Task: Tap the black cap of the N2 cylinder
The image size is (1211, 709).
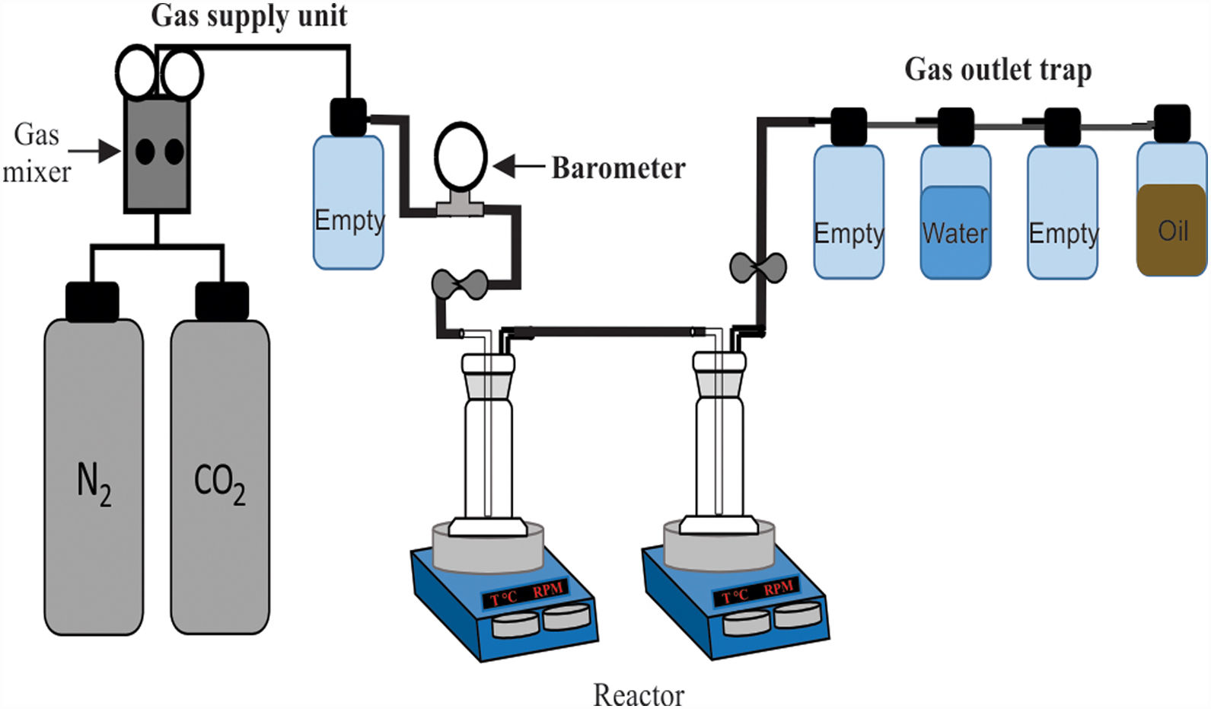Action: [92, 301]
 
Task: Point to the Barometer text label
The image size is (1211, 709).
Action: [618, 168]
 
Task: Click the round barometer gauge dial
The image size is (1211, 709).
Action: [460, 157]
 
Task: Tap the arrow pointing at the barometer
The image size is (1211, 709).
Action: [518, 165]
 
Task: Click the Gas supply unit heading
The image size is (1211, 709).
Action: [249, 16]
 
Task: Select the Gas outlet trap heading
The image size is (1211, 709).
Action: [998, 70]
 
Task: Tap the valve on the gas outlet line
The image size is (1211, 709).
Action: [758, 267]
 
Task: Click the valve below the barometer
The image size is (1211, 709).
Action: [460, 284]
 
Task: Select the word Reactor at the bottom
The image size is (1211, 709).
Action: [638, 695]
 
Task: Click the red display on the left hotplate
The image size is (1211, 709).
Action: [524, 594]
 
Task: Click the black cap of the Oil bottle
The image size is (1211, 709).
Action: [1172, 123]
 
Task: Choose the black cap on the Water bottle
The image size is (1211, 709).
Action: [955, 126]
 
